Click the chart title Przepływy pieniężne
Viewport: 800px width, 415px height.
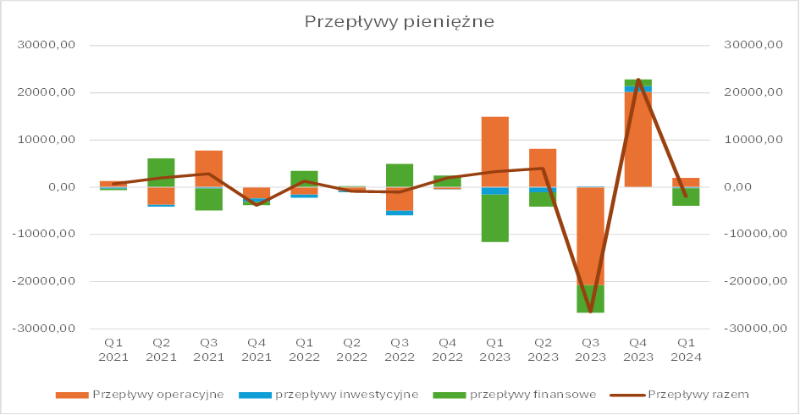coord(399,22)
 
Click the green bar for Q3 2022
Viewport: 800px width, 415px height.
coord(400,174)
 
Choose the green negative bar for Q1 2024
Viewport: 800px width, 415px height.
coord(686,196)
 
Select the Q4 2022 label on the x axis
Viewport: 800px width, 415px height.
coord(447,349)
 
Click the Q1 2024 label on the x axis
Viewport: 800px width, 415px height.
coord(686,349)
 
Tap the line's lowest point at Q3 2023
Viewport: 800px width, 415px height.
coord(590,312)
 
